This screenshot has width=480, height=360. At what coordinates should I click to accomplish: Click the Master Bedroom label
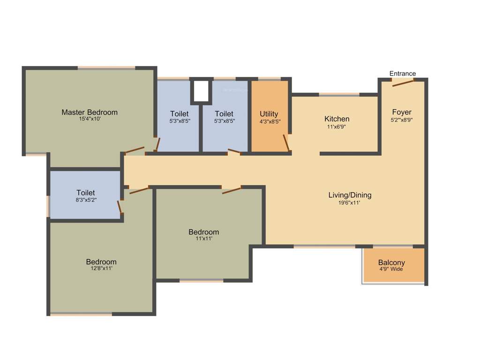coord(90,112)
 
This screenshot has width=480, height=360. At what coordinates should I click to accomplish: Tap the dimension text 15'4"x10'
coord(90,120)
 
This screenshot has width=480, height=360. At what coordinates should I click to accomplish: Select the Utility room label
coord(269,114)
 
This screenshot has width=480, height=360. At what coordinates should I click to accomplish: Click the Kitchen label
coord(337,119)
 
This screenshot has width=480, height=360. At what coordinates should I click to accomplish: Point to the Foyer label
coord(402,112)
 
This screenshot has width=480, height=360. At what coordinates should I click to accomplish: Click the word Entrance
coord(403,74)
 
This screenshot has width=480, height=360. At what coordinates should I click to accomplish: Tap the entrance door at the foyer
coord(403,83)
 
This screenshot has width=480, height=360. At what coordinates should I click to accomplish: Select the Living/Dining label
coord(350,195)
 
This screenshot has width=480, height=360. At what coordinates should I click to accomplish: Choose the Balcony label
coord(391,262)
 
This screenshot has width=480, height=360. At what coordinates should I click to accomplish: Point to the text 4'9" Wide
coord(391,270)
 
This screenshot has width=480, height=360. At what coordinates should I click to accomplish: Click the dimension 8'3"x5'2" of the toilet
coord(86,200)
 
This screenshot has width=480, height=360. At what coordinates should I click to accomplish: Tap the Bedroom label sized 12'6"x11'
coord(101,262)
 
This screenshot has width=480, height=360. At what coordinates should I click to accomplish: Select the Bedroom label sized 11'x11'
coord(203,232)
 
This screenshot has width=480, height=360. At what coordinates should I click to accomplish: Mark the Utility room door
coord(285,142)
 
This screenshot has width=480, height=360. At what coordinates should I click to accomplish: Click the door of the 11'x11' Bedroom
coord(232,190)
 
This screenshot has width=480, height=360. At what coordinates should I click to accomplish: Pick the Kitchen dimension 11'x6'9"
coord(337,127)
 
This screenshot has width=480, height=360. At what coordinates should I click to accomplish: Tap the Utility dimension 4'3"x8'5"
coord(270,121)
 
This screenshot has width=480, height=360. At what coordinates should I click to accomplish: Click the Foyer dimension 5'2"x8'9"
coord(402,120)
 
